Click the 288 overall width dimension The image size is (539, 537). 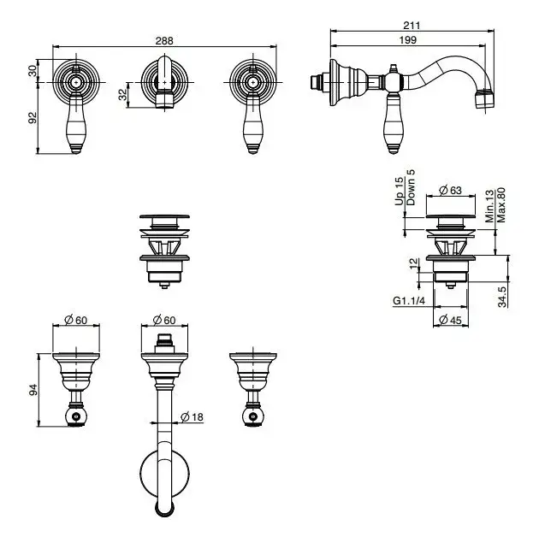coord(164,40)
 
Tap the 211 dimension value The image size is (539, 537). coord(412,26)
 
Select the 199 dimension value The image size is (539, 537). coord(408,40)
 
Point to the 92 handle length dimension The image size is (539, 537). coord(32,118)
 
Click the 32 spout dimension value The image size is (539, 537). coord(122,94)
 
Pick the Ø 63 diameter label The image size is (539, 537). coord(450,190)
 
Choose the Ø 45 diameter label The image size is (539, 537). coord(450,320)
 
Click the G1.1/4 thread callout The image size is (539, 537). coord(409,301)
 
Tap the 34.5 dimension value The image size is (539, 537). coord(502,297)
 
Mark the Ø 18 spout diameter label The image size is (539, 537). coord(192,417)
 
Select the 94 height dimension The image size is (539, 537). coord(33,390)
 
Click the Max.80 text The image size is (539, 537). coord(500,204)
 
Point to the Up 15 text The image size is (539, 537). coord(399,192)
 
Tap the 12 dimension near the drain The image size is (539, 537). coord(415,263)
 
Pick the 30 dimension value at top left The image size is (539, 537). coord(32,71)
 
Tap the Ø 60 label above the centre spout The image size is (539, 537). coord(164,320)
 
